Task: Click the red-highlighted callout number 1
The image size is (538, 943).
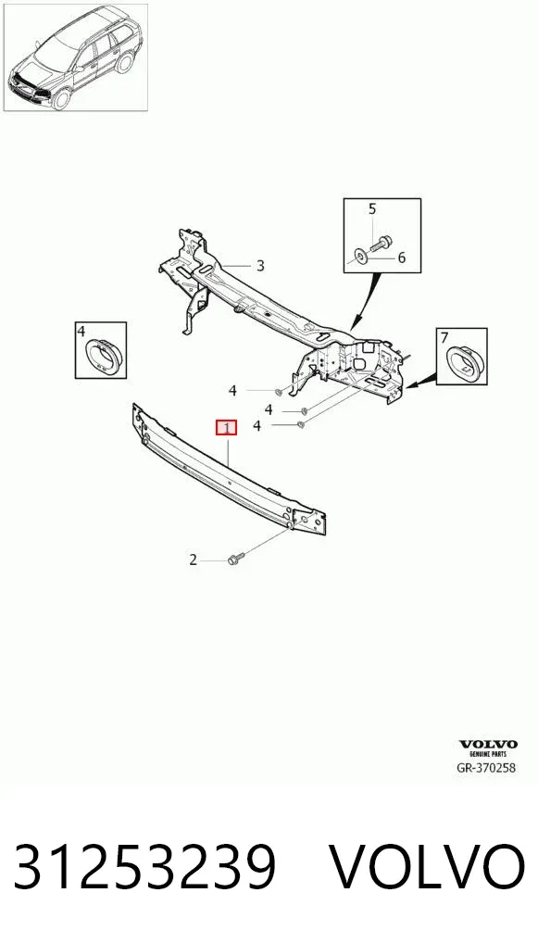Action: pyautogui.click(x=227, y=428)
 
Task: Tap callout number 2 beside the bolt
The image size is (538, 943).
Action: pyautogui.click(x=193, y=560)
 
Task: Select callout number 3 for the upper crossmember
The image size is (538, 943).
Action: pyautogui.click(x=259, y=265)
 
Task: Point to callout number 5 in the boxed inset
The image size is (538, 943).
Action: pyautogui.click(x=372, y=208)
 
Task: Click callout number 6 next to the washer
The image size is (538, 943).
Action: pyautogui.click(x=402, y=258)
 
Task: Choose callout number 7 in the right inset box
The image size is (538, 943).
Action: pyautogui.click(x=444, y=337)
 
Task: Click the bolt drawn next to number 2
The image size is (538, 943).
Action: pyautogui.click(x=234, y=560)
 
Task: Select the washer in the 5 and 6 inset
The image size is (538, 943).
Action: pyautogui.click(x=360, y=258)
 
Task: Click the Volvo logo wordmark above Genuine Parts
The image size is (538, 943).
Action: pyautogui.click(x=487, y=745)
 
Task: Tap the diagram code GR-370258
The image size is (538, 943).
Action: pyautogui.click(x=487, y=767)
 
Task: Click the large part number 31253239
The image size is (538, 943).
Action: pyautogui.click(x=144, y=866)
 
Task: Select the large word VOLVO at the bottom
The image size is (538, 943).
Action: pyautogui.click(x=428, y=866)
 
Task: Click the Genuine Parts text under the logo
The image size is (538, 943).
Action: pyautogui.click(x=487, y=753)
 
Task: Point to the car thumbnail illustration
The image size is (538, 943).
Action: pyautogui.click(x=76, y=57)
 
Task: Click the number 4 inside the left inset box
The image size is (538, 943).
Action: pyautogui.click(x=81, y=331)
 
